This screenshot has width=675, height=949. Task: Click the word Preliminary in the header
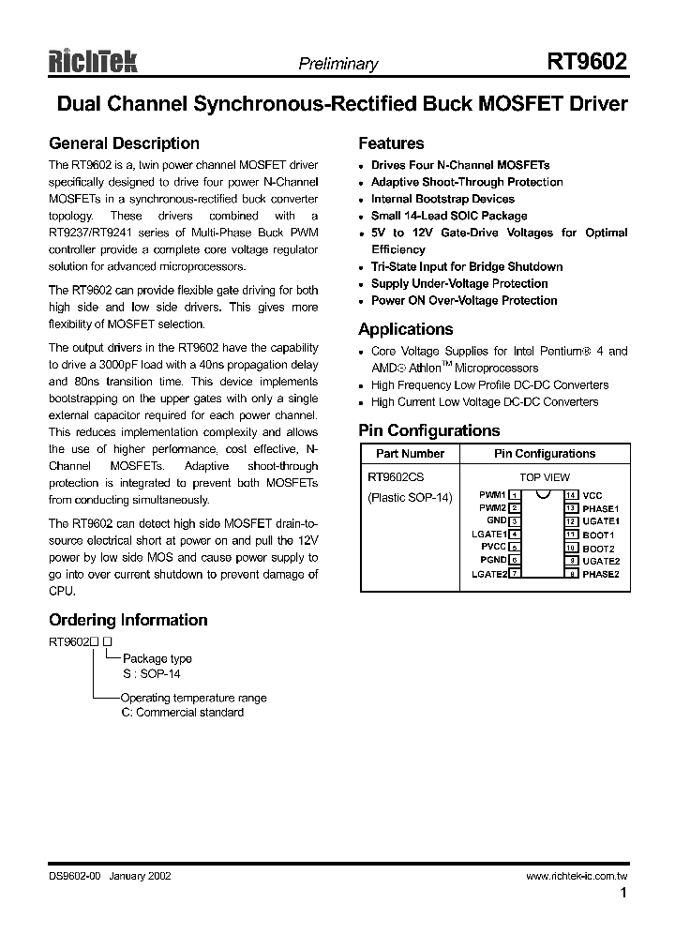(x=337, y=65)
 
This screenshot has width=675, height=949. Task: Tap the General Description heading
(x=124, y=143)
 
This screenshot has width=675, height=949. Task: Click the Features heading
(x=391, y=143)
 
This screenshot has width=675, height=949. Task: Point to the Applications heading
(x=406, y=329)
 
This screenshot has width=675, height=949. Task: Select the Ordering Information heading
(x=128, y=620)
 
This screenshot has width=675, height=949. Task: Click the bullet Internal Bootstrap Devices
(x=442, y=199)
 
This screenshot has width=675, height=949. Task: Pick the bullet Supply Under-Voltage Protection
(x=459, y=283)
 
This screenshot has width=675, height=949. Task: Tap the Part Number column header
(x=410, y=454)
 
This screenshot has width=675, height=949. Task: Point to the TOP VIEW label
(x=544, y=477)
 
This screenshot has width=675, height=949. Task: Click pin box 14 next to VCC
(x=570, y=495)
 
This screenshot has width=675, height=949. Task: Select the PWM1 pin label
(x=491, y=494)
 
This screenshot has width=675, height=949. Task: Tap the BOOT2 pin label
(x=598, y=549)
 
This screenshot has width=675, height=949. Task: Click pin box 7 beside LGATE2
(x=514, y=574)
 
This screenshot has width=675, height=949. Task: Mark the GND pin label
(x=496, y=520)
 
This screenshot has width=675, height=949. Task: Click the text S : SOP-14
(x=151, y=673)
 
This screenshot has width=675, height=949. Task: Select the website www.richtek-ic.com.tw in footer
(x=577, y=876)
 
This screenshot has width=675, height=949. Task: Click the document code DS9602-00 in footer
(x=74, y=876)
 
